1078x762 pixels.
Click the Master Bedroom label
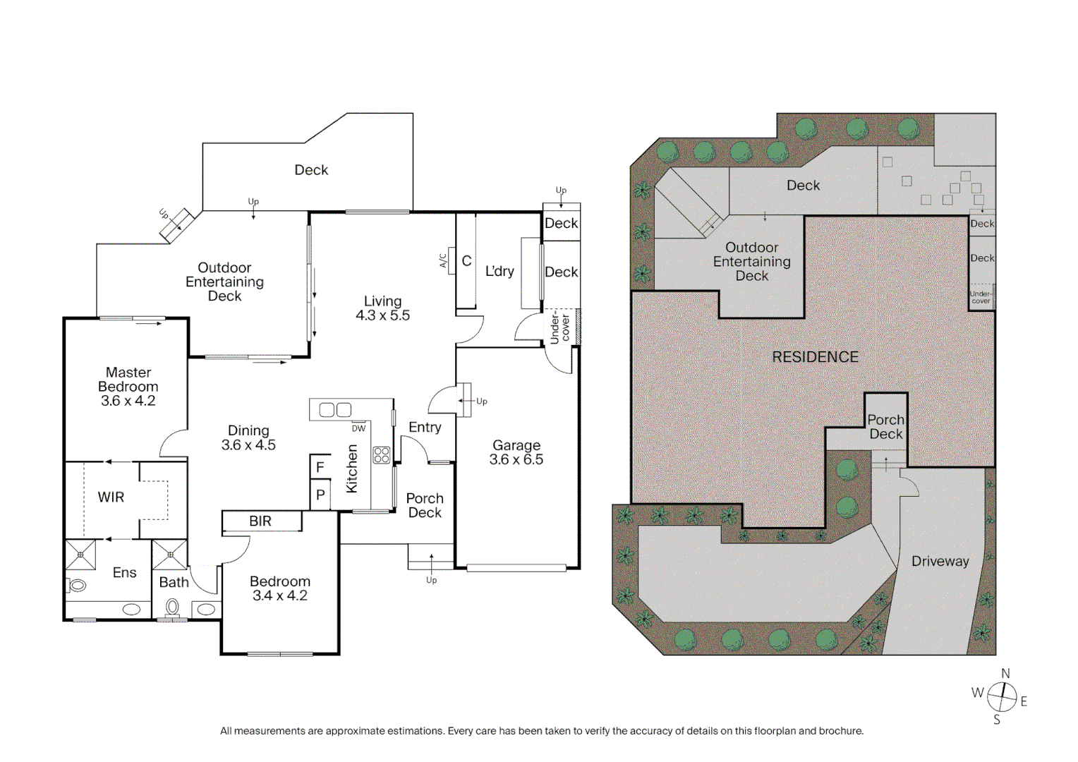point(128,386)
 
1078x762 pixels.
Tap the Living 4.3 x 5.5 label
point(382,308)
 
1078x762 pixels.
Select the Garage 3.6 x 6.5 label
point(516,452)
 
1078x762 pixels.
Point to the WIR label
point(111,497)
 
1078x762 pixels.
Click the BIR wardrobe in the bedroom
point(261,521)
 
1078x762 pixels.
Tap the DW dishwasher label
point(358,428)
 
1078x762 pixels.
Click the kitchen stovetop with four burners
point(382,455)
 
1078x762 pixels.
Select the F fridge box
point(320,467)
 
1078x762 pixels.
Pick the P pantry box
point(320,495)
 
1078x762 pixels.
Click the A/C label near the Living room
point(444,260)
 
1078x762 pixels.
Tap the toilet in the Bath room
point(172,607)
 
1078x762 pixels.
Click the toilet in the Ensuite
point(77,585)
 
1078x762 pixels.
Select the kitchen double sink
point(335,410)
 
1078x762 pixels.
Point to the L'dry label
point(499,272)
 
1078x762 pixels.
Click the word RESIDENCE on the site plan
point(815,357)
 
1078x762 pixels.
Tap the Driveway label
point(940,562)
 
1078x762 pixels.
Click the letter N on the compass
point(1005,674)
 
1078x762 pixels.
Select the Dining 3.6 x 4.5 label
point(248,437)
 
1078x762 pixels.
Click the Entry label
point(425,428)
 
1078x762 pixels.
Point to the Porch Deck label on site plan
point(885,427)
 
